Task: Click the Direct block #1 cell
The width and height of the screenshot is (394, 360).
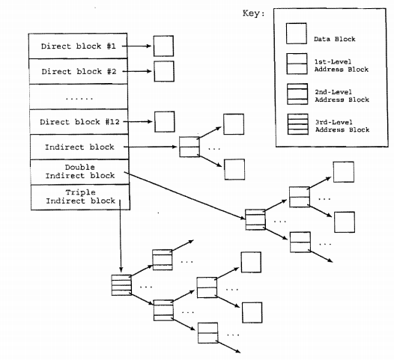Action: click(x=78, y=46)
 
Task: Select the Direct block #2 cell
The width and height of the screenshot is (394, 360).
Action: click(x=78, y=71)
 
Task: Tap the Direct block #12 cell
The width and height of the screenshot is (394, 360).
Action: click(x=78, y=121)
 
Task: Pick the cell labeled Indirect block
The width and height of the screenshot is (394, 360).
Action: click(x=78, y=147)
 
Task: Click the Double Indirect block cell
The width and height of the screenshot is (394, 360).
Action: click(x=78, y=171)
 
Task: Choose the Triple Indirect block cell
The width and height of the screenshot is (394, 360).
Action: click(x=78, y=196)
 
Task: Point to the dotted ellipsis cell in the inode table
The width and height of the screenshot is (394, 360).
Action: click(x=78, y=97)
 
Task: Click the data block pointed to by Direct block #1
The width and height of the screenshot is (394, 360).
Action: click(x=163, y=46)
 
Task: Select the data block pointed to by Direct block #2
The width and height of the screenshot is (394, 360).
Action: click(x=163, y=71)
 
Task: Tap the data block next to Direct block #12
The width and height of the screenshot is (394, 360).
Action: click(x=163, y=121)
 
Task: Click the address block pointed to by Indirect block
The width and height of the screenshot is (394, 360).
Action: click(x=189, y=147)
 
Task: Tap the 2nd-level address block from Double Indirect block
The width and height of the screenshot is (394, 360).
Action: click(x=254, y=219)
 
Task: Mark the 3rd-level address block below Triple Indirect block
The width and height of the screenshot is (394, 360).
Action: click(x=121, y=284)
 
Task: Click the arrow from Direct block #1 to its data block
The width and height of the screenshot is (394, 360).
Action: click(x=138, y=46)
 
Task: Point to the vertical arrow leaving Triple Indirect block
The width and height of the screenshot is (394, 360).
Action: click(x=121, y=240)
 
